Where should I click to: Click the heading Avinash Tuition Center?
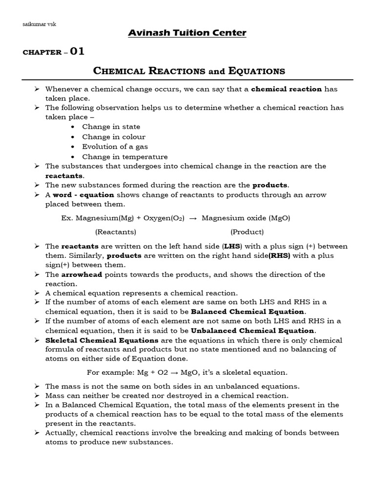click(x=187, y=33)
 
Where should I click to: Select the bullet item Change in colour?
click(x=114, y=137)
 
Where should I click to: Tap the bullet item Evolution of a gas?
click(x=115, y=147)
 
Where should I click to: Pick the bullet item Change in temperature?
click(x=125, y=157)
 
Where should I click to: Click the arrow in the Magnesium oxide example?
click(x=193, y=218)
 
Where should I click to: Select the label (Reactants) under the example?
click(x=116, y=231)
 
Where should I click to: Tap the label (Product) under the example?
click(x=247, y=231)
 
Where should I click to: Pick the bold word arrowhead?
click(x=81, y=274)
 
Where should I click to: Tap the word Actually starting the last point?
click(x=61, y=433)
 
